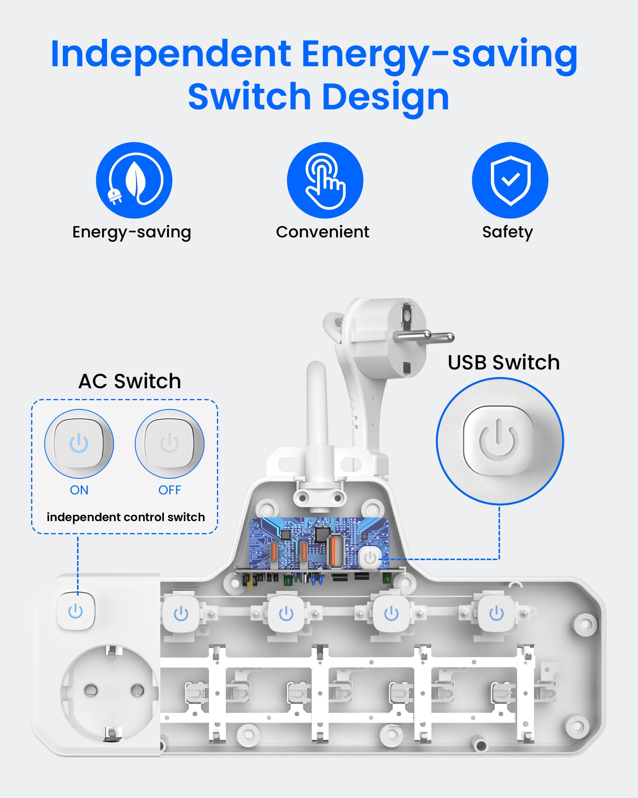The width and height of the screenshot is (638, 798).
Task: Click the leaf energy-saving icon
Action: (x=134, y=180)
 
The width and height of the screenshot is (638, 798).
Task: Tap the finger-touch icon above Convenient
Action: (x=325, y=180)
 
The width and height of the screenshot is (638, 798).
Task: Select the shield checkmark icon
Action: (x=510, y=180)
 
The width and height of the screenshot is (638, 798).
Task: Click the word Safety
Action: (x=507, y=232)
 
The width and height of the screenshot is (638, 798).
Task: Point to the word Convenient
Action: (x=323, y=232)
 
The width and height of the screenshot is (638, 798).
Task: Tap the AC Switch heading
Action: (x=130, y=381)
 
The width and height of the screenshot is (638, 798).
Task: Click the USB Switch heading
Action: (x=504, y=362)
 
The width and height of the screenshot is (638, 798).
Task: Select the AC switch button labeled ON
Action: (x=79, y=443)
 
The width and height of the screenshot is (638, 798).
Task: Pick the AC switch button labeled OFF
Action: (x=169, y=443)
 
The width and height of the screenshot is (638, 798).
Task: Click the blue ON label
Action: (x=79, y=490)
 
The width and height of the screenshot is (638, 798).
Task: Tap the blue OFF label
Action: (x=169, y=490)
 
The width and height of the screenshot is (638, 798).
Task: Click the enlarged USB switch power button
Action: (x=498, y=441)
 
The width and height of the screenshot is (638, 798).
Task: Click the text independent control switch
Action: (x=126, y=517)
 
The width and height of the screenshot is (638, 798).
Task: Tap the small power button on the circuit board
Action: (x=370, y=557)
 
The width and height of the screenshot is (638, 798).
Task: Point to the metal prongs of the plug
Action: (x=423, y=336)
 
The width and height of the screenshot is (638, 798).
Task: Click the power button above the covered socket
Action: (x=75, y=611)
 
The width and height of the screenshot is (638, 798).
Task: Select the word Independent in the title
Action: (x=171, y=55)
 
